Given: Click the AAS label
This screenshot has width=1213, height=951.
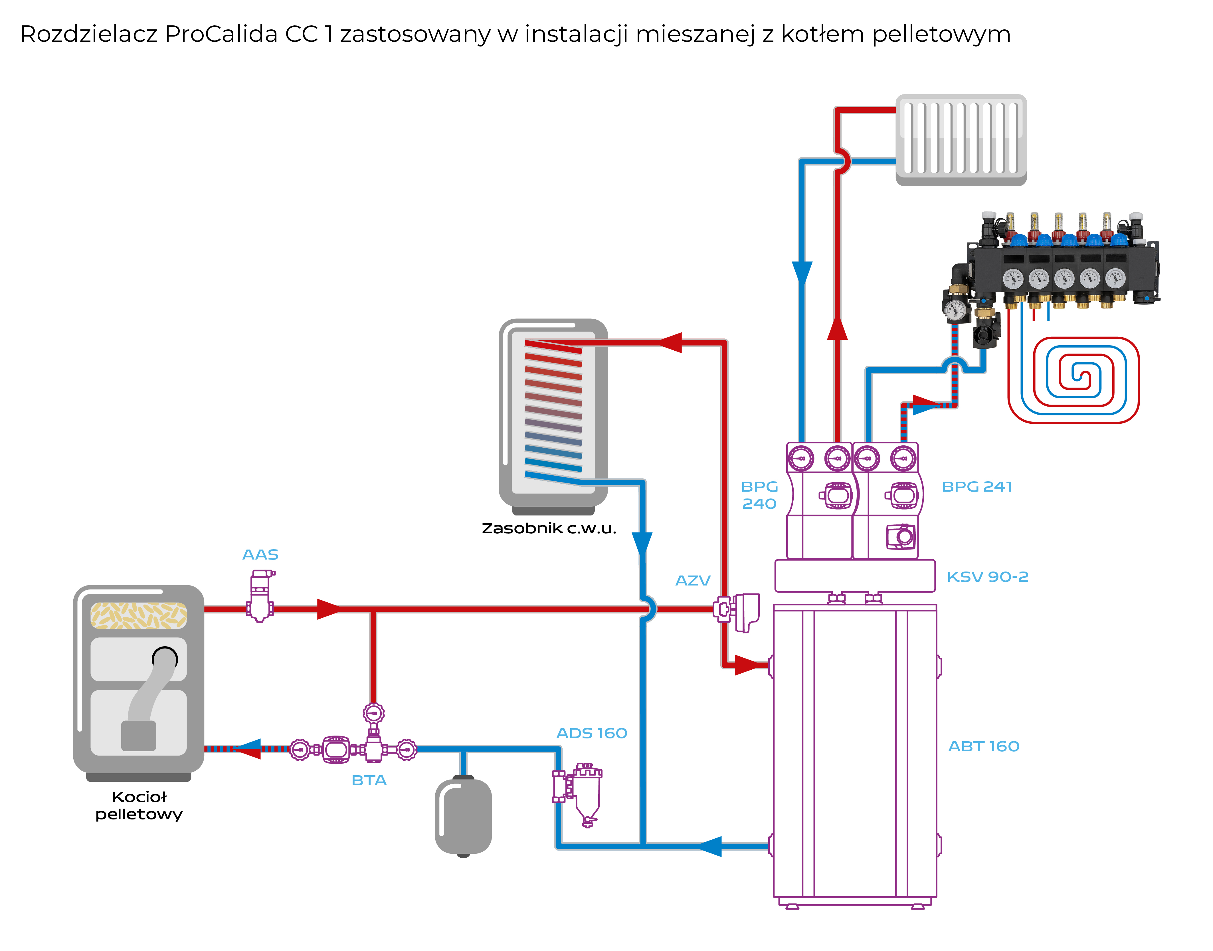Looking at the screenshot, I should (x=260, y=555).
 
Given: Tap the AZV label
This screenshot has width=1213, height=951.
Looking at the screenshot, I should (x=692, y=581).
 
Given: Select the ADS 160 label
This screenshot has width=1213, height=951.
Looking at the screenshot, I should (x=592, y=733).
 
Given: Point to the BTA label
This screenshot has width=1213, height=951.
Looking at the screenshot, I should (x=369, y=780).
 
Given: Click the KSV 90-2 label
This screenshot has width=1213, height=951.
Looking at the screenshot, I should (x=988, y=577).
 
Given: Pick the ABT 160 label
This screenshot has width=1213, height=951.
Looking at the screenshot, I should (x=984, y=746).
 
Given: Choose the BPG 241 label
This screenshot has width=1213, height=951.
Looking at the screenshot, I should (x=977, y=487).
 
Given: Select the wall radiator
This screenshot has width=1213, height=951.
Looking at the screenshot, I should (x=961, y=139).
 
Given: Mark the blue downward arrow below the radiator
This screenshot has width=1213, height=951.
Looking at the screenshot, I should (x=802, y=273).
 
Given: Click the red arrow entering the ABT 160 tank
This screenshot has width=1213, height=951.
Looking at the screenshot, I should (x=747, y=665).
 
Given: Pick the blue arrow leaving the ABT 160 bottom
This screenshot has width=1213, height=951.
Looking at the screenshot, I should (x=710, y=846).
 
